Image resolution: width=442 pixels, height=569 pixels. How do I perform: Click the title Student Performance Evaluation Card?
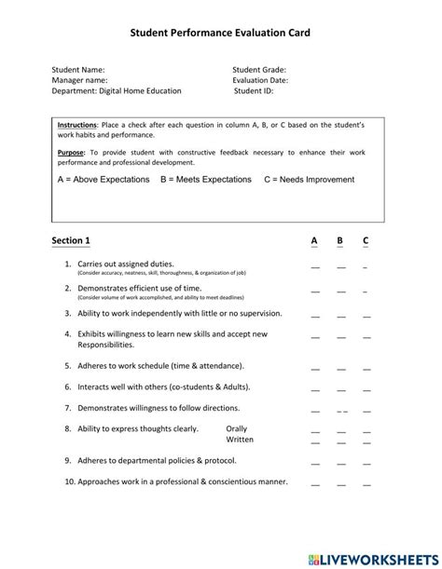pos(220,33)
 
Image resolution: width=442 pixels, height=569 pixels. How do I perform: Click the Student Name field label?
pos(78,69)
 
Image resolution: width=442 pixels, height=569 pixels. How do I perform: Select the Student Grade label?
pos(259,69)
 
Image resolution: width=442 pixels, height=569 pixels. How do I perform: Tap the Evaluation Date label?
pos(260,80)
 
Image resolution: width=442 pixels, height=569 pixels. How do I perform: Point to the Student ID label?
pos(254,91)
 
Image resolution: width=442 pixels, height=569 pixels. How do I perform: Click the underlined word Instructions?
pos(76,125)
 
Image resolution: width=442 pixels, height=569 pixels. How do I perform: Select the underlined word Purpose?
pos(70,151)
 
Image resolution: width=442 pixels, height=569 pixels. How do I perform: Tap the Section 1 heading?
pos(71,241)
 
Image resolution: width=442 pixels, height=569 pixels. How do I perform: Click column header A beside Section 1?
pos(314,241)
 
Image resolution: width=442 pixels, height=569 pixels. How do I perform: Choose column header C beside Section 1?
pos(366,241)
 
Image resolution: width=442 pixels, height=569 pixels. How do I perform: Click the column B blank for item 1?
pos(340,267)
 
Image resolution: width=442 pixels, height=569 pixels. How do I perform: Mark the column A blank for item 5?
pos(315,367)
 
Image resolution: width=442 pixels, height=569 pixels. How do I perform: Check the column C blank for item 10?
pos(366,485)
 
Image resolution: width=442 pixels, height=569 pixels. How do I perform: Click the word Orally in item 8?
pos(237,428)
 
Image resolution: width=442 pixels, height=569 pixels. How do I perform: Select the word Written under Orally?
pos(240,440)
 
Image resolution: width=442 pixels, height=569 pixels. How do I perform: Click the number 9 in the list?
pos(68,460)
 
